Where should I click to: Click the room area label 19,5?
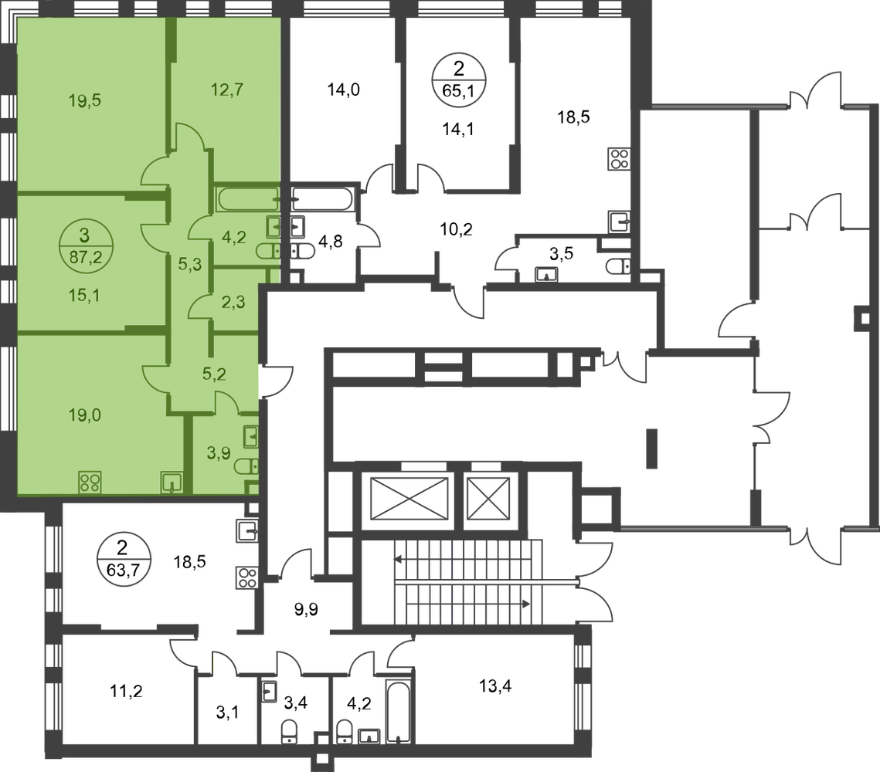(x=85, y=100)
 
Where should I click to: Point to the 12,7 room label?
(x=227, y=89)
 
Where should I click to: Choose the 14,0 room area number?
(x=344, y=89)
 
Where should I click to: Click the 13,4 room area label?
(x=495, y=686)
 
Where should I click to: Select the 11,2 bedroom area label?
(x=126, y=691)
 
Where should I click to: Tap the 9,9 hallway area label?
(x=307, y=608)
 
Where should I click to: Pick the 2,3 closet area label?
(x=233, y=302)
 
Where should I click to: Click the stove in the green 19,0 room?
(x=90, y=482)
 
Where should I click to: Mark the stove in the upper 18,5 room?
(x=619, y=159)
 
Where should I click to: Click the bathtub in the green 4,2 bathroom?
(x=247, y=199)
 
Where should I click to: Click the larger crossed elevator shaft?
(x=409, y=499)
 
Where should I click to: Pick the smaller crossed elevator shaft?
(x=488, y=499)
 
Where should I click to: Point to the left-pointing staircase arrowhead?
(x=398, y=559)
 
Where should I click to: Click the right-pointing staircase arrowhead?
(x=526, y=604)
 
